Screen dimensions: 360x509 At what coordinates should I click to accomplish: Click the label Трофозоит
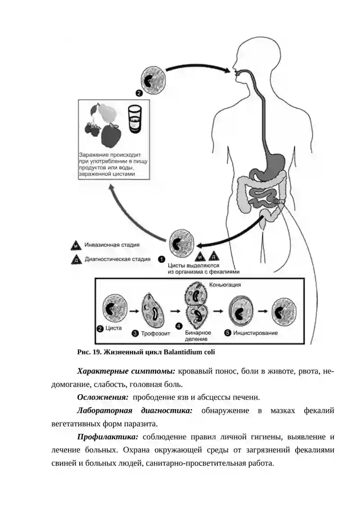click(x=156, y=333)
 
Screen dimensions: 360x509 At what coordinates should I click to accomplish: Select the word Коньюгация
click(x=225, y=285)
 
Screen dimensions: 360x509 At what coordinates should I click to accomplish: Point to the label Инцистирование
click(x=256, y=333)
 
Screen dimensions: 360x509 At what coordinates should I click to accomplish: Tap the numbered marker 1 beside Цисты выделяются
click(x=162, y=259)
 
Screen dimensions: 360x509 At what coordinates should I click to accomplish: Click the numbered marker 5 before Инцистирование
click(x=228, y=333)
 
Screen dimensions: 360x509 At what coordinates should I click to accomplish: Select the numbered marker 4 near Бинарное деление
click(x=179, y=326)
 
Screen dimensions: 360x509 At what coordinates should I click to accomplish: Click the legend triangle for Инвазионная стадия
click(x=76, y=246)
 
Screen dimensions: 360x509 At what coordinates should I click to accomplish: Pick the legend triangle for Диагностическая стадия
click(x=76, y=260)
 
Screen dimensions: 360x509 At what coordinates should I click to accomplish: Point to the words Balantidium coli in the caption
click(x=189, y=352)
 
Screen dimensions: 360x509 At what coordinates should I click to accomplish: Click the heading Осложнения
click(x=103, y=397)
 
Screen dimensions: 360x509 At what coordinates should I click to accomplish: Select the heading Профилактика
click(x=108, y=437)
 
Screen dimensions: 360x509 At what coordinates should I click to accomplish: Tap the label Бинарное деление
click(x=198, y=336)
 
